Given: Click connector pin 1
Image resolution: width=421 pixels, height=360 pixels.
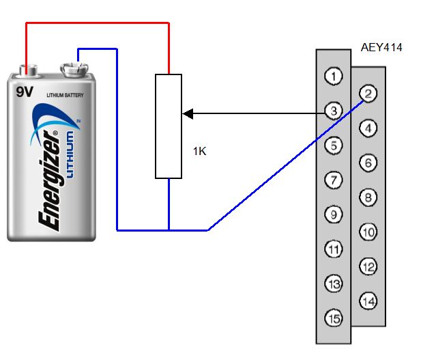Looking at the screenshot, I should click(333, 76).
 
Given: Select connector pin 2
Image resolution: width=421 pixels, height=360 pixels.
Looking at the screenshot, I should click(368, 94).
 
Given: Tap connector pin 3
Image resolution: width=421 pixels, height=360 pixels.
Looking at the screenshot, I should click(333, 111).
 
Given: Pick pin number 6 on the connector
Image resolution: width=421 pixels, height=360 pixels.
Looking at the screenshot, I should click(368, 163).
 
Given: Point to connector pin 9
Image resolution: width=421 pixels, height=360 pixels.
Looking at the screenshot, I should click(333, 215).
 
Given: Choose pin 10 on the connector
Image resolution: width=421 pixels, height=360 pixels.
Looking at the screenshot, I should click(368, 232).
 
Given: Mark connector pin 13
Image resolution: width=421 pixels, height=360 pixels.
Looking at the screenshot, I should click(333, 283).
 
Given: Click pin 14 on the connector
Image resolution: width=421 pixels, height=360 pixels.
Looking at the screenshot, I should click(368, 301).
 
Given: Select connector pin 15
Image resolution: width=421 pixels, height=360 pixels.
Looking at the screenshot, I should click(333, 318).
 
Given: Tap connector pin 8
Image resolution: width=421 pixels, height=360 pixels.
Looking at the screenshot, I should click(368, 198).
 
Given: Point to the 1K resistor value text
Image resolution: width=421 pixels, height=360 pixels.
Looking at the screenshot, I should click(199, 152).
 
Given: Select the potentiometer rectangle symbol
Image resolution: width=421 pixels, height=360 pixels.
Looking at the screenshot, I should click(169, 126).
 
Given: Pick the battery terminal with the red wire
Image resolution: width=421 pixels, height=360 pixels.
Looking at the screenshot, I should click(28, 69).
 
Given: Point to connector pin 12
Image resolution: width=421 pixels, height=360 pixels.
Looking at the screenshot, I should click(368, 267).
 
